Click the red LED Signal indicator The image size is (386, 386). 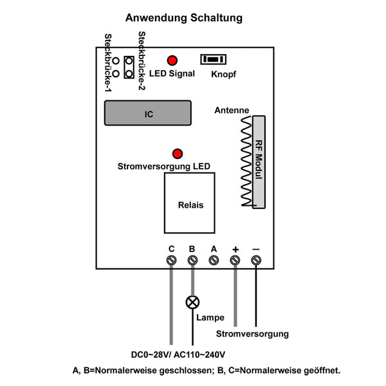172,60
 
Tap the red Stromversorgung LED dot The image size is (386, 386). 178,154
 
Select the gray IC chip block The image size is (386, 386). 148,114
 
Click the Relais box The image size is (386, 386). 190,205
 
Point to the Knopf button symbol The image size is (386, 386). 214,59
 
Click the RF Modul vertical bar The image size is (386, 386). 259,162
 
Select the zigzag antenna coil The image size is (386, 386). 246,162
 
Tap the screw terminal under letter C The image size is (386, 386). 172,260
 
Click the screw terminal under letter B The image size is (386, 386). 192,260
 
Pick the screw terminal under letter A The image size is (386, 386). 214,260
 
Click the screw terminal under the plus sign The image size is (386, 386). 235,260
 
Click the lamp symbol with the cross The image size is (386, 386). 192,302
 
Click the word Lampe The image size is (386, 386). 210,318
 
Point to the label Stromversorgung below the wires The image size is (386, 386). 252,334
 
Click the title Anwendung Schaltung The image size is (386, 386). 184,18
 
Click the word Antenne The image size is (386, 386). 232,111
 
